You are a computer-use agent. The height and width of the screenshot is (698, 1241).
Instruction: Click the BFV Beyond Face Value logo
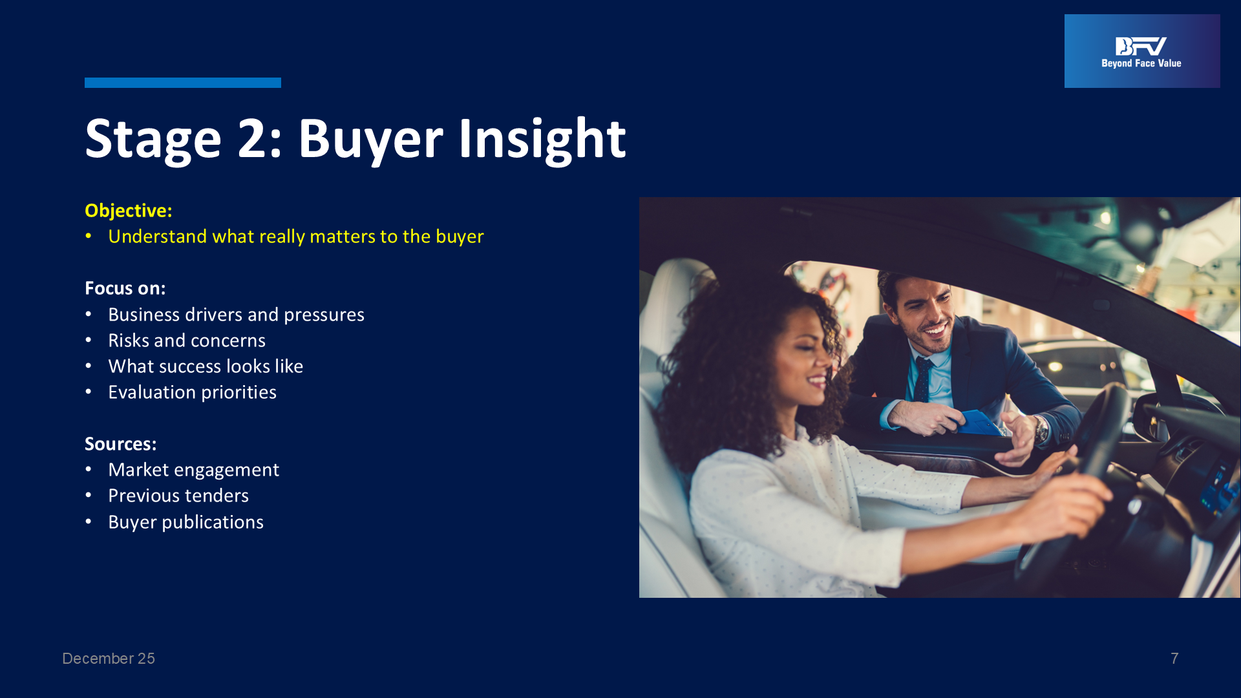[1142, 51]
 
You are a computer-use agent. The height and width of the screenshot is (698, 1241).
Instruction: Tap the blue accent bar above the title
[183, 83]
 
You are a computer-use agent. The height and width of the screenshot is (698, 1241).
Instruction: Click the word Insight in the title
[542, 139]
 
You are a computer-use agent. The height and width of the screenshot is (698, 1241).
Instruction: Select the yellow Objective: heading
[129, 211]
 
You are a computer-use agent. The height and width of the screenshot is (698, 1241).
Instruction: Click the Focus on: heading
[125, 288]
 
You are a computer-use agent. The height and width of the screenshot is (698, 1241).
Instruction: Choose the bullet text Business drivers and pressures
[236, 315]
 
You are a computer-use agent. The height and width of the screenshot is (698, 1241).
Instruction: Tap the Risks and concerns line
[187, 341]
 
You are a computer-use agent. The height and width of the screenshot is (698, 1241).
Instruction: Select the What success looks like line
[206, 366]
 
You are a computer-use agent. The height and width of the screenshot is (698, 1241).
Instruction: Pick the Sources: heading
[121, 444]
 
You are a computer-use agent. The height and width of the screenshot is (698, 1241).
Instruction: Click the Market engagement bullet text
[193, 470]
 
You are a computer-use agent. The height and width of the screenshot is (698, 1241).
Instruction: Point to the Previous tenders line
[178, 496]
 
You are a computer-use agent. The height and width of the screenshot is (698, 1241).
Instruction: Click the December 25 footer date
[109, 659]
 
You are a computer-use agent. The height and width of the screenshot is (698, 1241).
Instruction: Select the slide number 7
[1174, 659]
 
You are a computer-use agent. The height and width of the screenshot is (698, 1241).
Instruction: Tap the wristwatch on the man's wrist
[1041, 428]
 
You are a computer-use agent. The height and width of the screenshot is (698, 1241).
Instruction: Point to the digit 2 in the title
[252, 138]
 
